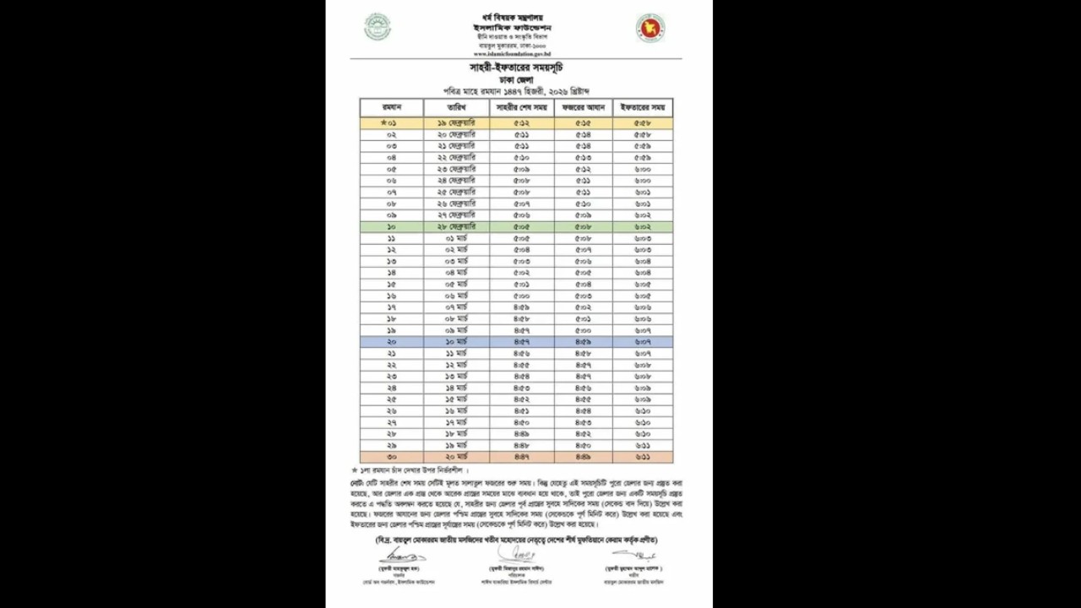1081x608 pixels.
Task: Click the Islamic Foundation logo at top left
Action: [x=378, y=27]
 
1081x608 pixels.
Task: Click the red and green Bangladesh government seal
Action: [x=650, y=28]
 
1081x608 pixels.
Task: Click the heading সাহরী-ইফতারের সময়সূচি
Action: [x=516, y=67]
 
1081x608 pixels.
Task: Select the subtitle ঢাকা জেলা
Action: [x=516, y=79]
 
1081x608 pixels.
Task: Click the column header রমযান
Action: [x=391, y=108]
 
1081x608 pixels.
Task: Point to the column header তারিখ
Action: [x=457, y=108]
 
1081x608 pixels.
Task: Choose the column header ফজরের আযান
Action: [x=584, y=108]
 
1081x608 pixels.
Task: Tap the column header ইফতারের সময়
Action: [x=643, y=108]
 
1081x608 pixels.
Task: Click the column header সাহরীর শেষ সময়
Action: [x=521, y=108]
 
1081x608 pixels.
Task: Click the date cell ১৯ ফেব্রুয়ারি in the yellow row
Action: [x=457, y=123]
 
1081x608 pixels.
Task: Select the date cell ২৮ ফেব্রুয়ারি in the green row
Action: [x=457, y=227]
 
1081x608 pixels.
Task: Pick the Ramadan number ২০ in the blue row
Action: [x=391, y=342]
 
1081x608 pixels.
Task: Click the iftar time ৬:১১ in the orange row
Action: [x=643, y=457]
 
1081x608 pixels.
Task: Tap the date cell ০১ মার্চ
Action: [x=457, y=239]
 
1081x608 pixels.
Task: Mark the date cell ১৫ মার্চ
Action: [x=457, y=399]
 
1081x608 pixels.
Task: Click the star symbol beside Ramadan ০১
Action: [x=383, y=123]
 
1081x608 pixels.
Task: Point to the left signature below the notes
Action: [x=402, y=556]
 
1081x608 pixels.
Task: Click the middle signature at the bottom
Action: [x=516, y=554]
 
